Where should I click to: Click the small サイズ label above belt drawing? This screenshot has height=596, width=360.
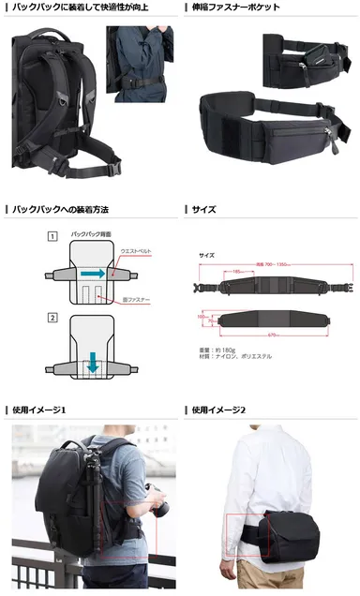(x=207, y=255)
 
